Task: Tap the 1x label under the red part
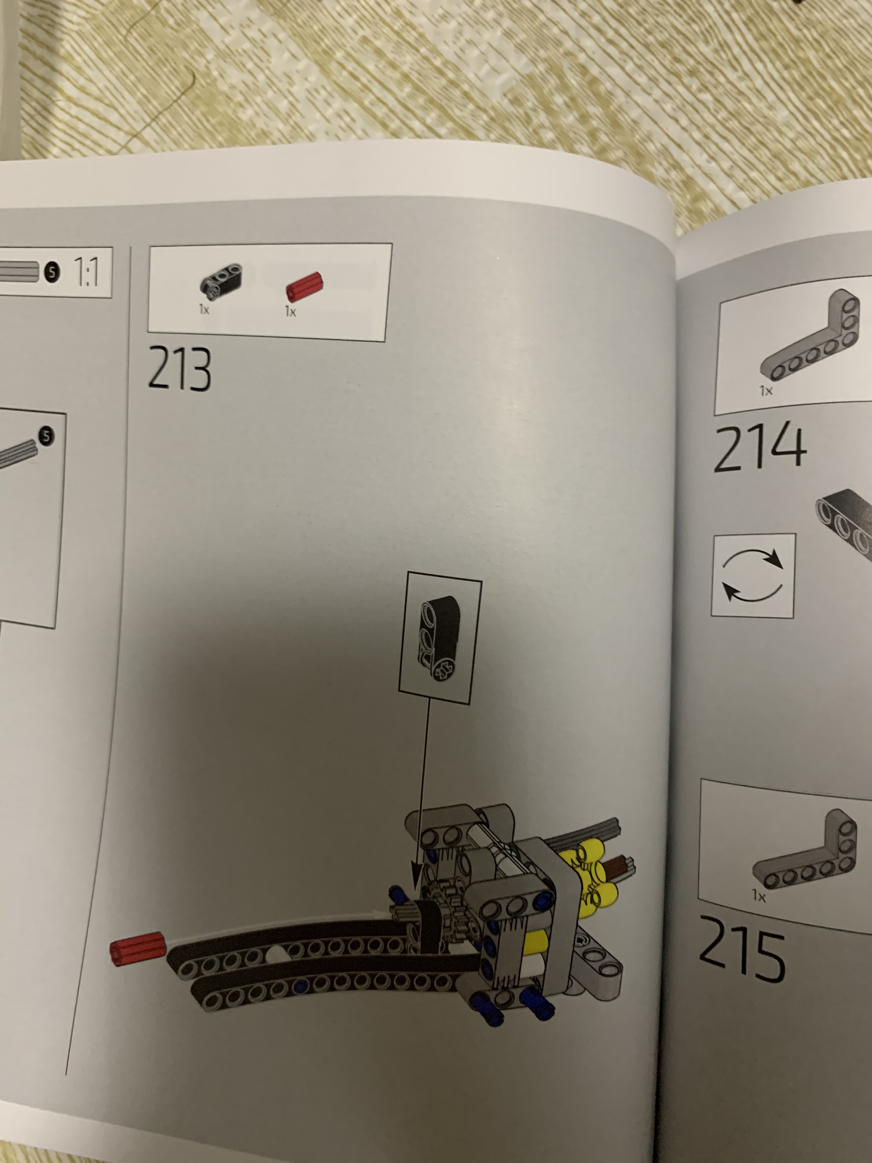click(x=290, y=312)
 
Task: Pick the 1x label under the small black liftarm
click(x=204, y=310)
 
